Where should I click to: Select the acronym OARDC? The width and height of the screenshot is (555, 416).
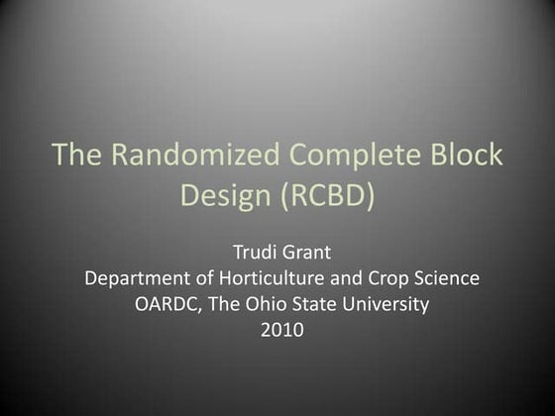166,306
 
